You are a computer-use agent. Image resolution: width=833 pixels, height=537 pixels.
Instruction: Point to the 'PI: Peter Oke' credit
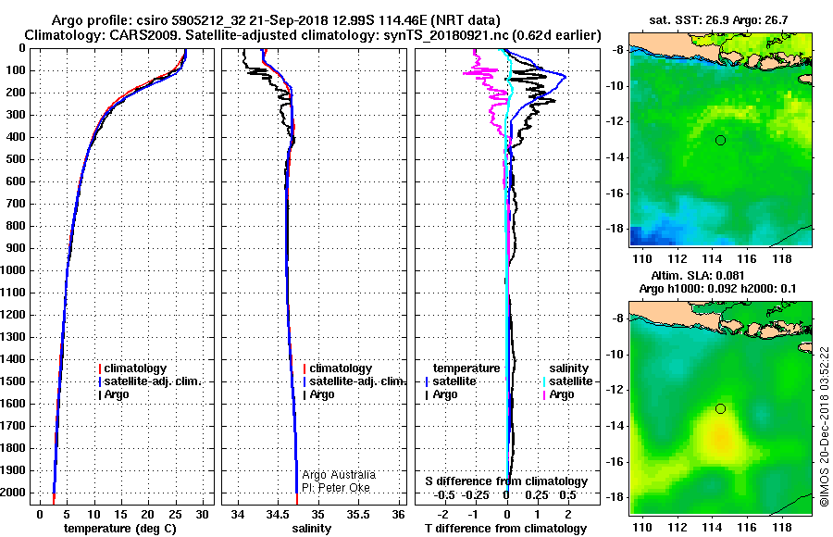coord(334,486)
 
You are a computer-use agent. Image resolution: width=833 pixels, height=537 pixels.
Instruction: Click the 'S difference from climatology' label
coord(506,481)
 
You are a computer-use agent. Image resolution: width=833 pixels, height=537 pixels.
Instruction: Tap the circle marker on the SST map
coord(720,140)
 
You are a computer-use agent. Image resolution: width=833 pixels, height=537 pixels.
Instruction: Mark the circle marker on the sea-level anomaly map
coord(720,408)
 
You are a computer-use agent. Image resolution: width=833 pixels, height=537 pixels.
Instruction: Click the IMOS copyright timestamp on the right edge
coord(824,427)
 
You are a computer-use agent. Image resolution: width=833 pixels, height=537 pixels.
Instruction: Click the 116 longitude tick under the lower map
coord(755,513)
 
